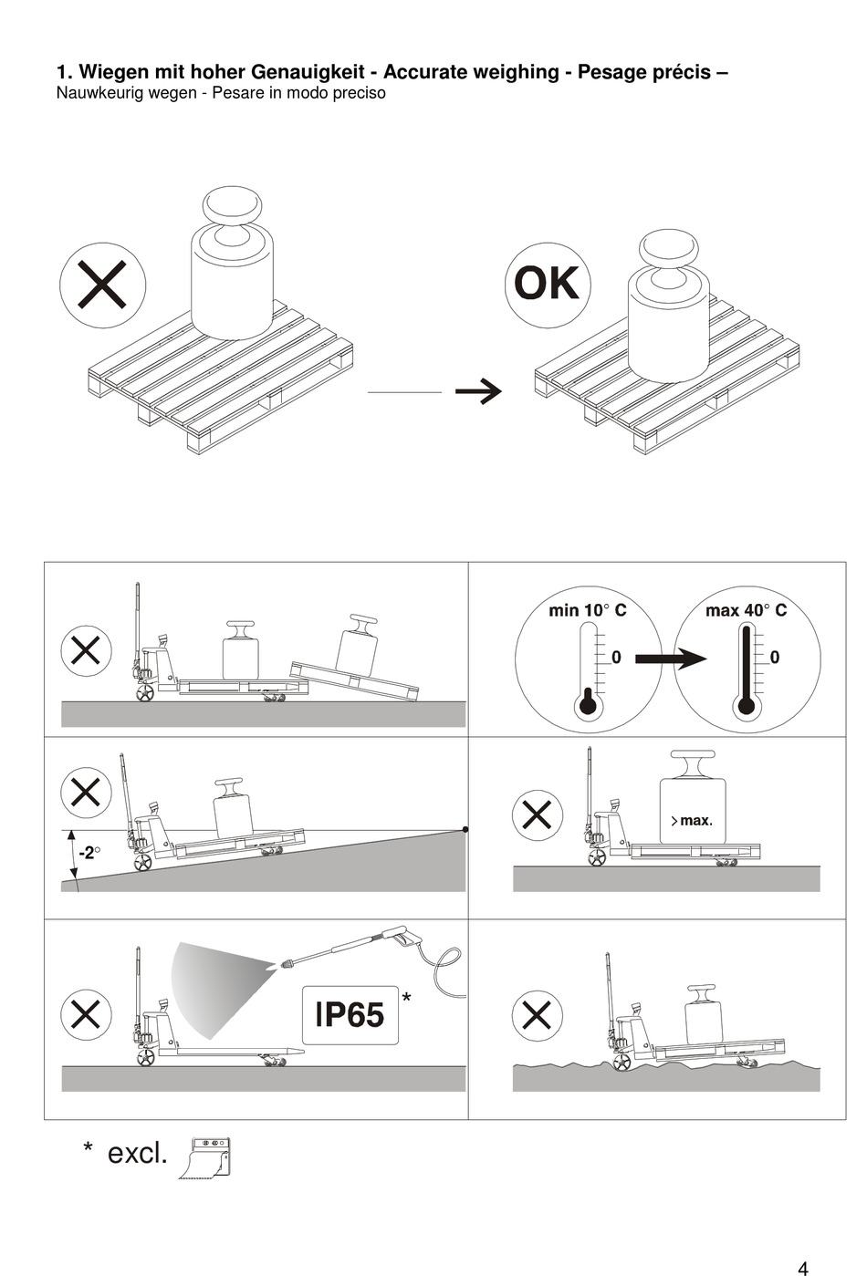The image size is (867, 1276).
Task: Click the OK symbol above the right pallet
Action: (x=547, y=284)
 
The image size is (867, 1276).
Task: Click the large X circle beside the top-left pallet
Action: (x=102, y=285)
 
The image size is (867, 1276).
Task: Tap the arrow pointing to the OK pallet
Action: (x=478, y=391)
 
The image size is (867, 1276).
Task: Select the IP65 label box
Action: (x=350, y=1015)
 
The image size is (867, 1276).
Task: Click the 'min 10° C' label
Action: (x=587, y=610)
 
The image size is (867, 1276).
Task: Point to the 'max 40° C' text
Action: (x=746, y=610)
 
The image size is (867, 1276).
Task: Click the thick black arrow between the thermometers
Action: (x=670, y=659)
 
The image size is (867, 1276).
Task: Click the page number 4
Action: (x=802, y=1268)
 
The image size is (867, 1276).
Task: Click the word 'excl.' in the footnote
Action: (x=138, y=1153)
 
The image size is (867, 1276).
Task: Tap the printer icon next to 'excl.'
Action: (x=205, y=1158)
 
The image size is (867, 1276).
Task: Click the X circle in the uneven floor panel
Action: (x=537, y=1015)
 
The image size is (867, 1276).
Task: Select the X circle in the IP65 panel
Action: (x=86, y=1015)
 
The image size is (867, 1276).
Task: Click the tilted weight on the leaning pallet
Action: (x=357, y=647)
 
